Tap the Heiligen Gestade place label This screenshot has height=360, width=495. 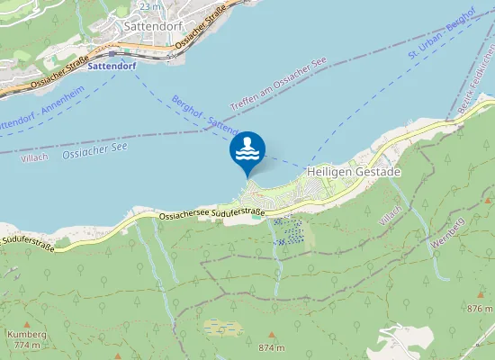[x=353, y=171]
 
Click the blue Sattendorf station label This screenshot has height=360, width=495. [x=112, y=67]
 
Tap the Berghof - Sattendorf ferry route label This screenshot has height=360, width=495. [x=204, y=114]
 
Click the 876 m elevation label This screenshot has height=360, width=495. [x=480, y=309]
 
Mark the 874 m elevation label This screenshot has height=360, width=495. [x=271, y=347]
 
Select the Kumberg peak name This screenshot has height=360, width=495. [x=25, y=335]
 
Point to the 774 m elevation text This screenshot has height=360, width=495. [x=28, y=346]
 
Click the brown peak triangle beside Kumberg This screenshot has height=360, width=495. [x=26, y=324]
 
